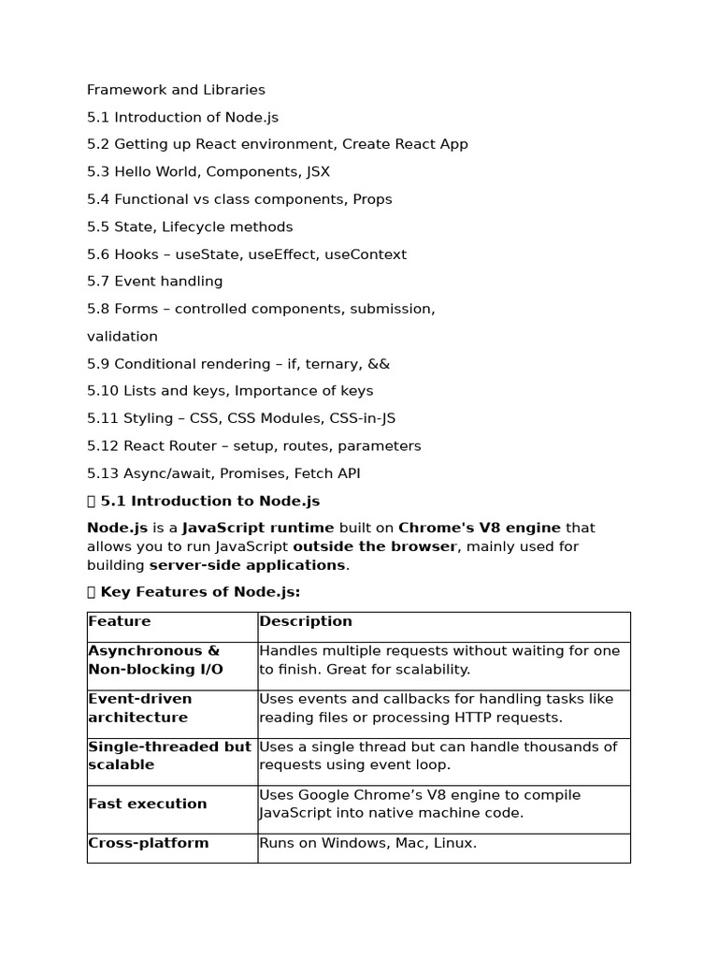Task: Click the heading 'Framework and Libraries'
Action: click(176, 90)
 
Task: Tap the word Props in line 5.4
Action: click(372, 199)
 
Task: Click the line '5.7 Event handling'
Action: click(154, 282)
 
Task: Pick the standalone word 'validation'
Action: click(122, 336)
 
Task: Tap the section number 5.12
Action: click(103, 446)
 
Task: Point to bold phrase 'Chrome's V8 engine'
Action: click(480, 528)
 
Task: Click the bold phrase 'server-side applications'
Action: click(247, 565)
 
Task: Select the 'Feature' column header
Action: click(120, 621)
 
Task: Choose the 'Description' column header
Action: click(306, 621)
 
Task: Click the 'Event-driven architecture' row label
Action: click(139, 708)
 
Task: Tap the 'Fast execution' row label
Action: click(148, 804)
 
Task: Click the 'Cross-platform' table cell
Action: click(149, 843)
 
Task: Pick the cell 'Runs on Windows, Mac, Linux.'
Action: click(367, 843)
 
